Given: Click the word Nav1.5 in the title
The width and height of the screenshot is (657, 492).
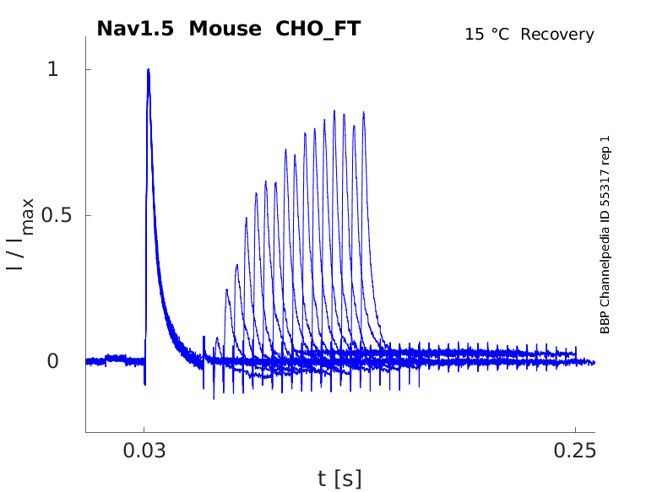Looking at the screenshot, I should pos(137,29).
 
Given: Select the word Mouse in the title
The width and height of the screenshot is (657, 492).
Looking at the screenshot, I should pos(225,29).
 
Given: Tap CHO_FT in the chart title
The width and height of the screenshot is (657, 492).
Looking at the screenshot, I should pos(318,29).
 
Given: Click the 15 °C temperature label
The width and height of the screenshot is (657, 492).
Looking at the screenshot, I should pos(488,35).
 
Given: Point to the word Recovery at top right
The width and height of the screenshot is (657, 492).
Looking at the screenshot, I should pos(557,35).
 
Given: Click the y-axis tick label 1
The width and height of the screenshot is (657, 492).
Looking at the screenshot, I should pos(52,69).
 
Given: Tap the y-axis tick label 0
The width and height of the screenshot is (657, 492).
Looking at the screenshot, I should pos(52,361).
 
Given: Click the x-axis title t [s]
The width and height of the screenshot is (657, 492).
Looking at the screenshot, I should pos(339,478).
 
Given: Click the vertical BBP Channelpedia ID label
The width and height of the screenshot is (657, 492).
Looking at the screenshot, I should pos(605,234).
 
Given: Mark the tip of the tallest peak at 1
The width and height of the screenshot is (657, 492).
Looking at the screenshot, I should pos(148,69).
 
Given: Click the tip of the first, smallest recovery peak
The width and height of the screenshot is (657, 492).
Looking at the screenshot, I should pos(217,338).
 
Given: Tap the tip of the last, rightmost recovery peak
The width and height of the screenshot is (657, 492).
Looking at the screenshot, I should pos(364,112).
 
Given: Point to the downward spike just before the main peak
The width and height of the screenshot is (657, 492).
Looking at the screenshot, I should pos(144,384).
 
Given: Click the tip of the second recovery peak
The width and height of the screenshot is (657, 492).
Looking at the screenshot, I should pos(227,289).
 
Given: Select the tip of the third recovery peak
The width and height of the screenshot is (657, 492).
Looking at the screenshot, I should pos(237,265).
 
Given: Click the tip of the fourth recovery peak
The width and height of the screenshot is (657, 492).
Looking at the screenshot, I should pos(247,218).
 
